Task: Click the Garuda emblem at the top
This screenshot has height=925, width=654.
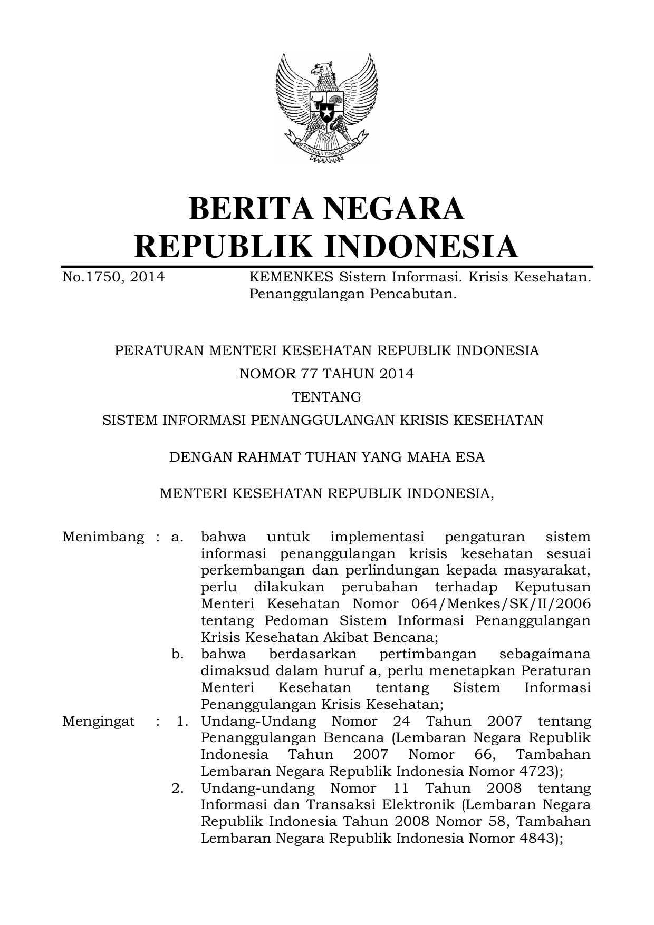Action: (326, 108)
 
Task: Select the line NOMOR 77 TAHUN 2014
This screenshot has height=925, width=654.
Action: (326, 374)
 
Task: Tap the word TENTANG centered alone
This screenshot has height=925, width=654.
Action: (326, 396)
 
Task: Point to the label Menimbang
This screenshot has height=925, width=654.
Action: (103, 537)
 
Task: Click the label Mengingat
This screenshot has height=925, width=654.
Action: (98, 721)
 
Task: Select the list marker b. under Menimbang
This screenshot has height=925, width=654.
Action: (178, 654)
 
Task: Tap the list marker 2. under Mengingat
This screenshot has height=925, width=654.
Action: (178, 788)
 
